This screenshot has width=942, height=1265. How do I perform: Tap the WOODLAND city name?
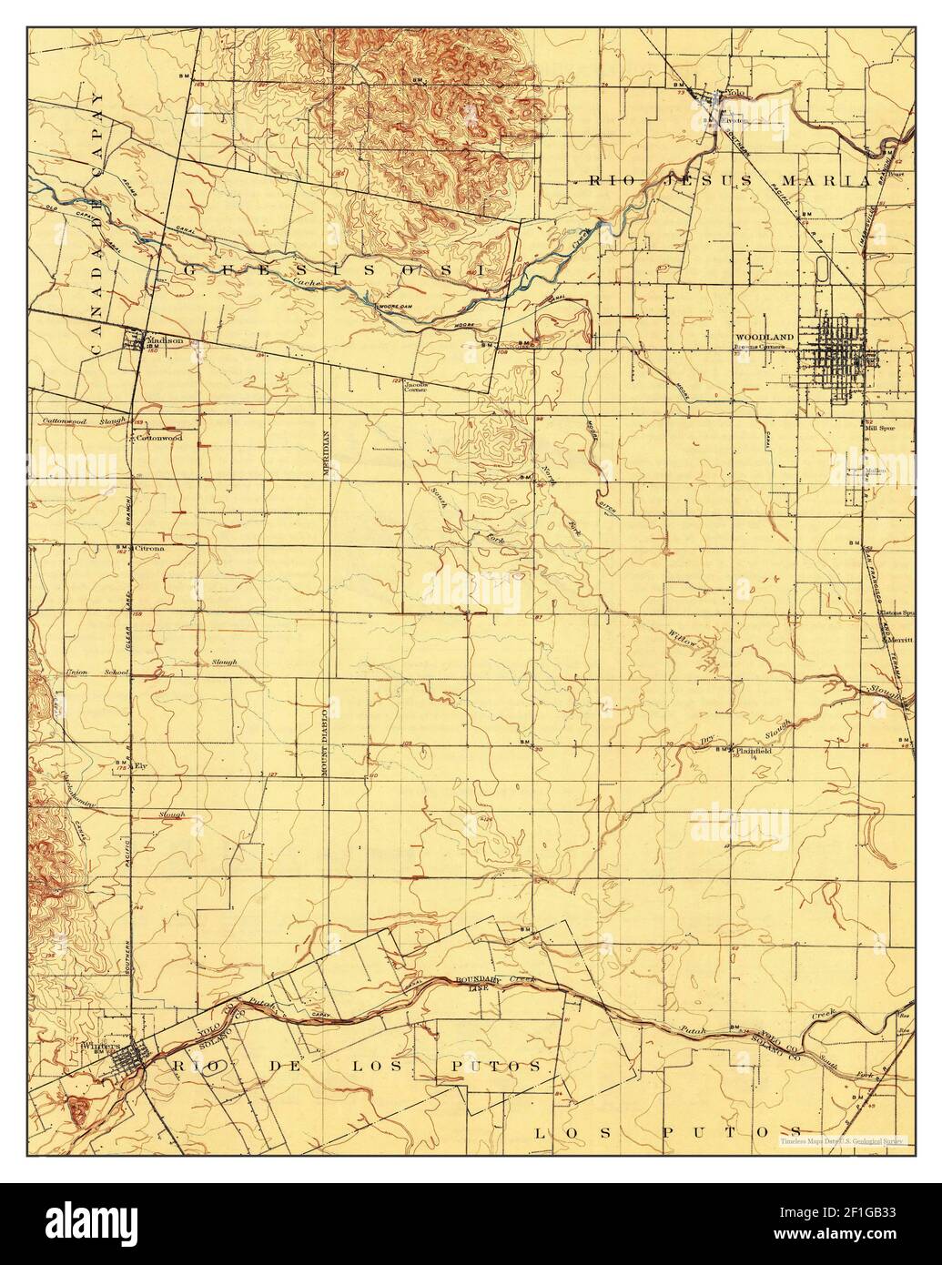click(x=765, y=337)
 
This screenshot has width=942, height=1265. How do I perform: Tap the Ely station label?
click(x=141, y=766)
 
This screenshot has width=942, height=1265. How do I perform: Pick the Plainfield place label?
click(x=754, y=751)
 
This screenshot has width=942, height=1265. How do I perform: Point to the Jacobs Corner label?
click(x=417, y=385)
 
